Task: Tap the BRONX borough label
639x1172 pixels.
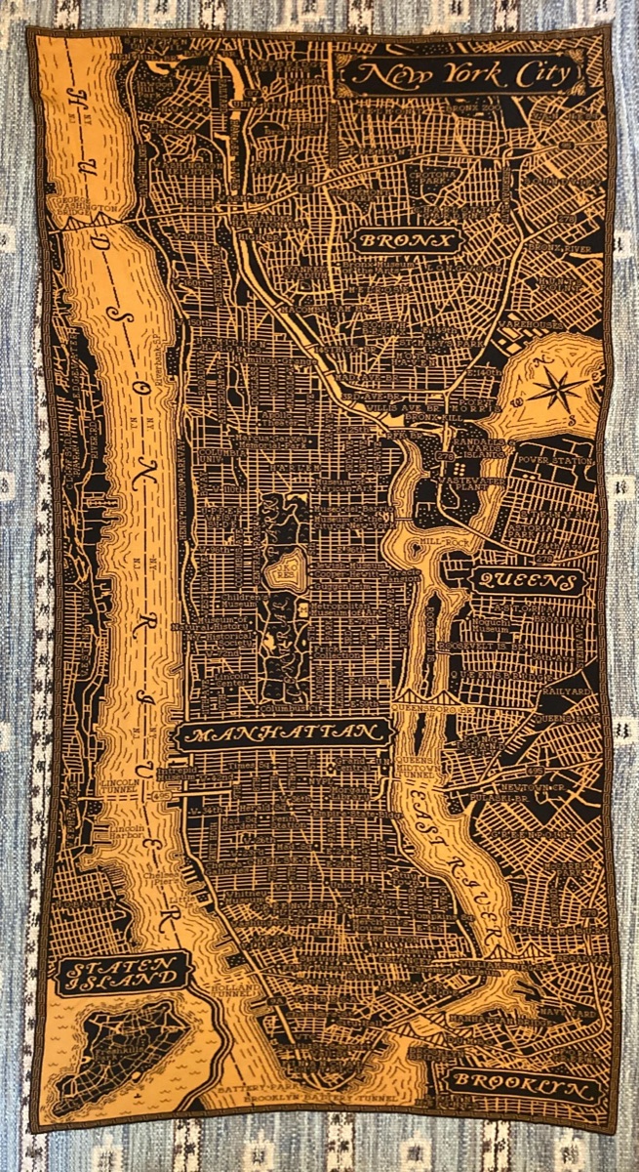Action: [405, 240]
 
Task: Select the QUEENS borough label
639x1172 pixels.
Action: [527, 582]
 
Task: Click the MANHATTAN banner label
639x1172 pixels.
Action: [283, 734]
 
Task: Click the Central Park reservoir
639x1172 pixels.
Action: [290, 569]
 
